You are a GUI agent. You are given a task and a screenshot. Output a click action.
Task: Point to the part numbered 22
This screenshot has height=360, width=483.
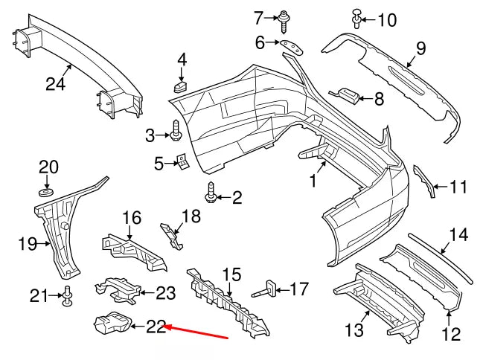pos(108,324)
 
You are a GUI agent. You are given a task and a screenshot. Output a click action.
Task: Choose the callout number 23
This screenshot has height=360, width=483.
pos(164,293)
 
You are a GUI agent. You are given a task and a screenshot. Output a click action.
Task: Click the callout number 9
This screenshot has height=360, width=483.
pos(420,50)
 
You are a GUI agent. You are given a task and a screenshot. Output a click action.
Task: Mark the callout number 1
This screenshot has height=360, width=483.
pos(313,180)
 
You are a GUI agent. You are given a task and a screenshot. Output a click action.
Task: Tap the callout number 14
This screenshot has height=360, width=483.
pos(458,235)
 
